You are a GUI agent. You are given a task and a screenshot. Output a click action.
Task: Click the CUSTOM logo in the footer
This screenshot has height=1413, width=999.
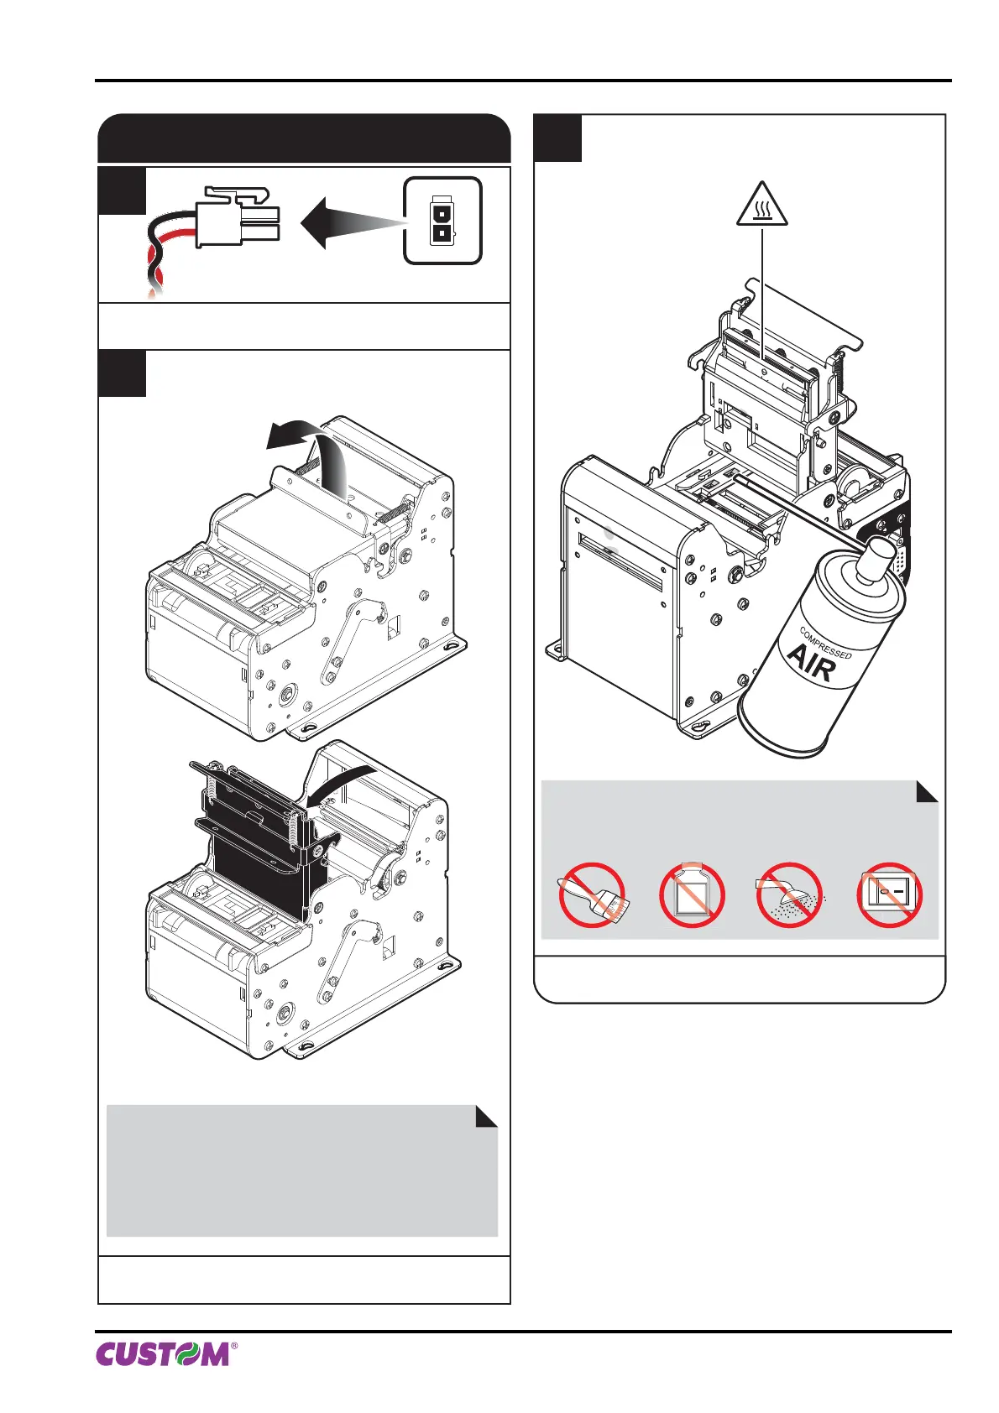(161, 1353)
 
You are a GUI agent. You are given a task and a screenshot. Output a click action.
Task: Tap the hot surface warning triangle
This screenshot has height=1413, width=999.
(761, 206)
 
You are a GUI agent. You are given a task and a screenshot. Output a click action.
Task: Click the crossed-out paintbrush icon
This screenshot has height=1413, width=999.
(592, 894)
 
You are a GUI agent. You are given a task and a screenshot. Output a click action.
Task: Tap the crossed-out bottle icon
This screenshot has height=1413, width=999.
(692, 894)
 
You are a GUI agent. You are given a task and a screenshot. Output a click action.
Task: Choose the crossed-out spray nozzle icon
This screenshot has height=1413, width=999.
(790, 894)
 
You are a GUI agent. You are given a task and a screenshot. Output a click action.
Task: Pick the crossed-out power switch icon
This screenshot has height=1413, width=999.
(889, 894)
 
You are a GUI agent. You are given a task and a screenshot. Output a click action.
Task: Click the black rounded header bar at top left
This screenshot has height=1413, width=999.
(304, 138)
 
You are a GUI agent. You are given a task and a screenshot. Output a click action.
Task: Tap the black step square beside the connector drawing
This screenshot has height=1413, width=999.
(122, 191)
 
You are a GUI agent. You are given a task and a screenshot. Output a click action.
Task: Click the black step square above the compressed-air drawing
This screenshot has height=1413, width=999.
(558, 138)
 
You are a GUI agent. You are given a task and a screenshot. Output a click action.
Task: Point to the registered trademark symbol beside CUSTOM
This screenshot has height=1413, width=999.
(234, 1346)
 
